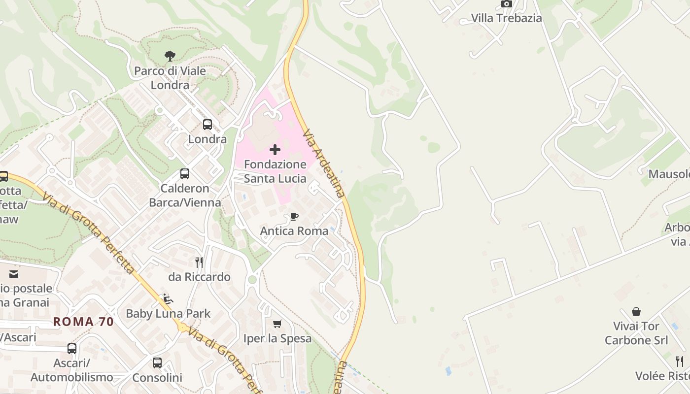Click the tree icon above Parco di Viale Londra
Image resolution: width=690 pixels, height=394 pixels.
[170, 56]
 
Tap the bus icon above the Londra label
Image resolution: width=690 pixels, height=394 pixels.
[207, 125]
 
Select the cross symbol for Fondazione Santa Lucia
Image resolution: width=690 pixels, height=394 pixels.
[275, 150]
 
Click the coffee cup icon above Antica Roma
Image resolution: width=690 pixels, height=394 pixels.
[294, 216]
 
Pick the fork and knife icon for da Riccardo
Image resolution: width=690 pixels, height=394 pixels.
[199, 262]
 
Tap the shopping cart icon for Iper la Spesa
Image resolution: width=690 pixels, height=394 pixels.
[277, 324]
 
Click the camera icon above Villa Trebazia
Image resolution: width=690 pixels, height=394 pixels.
[506, 4]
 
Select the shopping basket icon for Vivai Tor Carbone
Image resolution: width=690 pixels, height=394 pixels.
[636, 312]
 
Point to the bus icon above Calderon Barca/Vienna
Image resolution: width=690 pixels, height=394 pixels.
[185, 174]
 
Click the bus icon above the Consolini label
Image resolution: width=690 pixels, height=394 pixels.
[157, 363]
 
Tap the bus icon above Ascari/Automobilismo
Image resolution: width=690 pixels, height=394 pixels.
[72, 349]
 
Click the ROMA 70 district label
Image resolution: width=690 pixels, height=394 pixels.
[83, 322]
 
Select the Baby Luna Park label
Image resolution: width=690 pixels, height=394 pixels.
[168, 313]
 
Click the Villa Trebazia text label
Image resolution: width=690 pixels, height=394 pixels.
[506, 18]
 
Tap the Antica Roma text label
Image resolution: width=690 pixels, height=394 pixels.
[294, 231]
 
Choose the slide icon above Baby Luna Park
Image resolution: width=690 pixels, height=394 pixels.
[168, 298]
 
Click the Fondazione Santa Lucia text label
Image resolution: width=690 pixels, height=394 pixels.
[275, 171]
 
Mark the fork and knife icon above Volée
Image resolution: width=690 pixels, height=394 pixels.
[680, 361]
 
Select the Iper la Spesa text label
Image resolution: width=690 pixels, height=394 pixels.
[277, 338]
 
